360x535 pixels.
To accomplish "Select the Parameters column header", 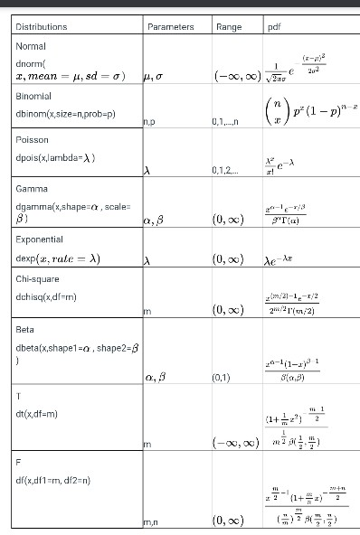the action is (x=170, y=27).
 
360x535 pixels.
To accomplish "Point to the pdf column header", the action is (x=274, y=27).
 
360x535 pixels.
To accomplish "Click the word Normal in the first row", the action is (x=32, y=45).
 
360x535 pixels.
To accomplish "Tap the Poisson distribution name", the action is (x=33, y=140).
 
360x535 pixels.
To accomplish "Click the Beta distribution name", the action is (x=25, y=330).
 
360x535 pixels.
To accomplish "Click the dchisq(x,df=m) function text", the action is (x=46, y=296).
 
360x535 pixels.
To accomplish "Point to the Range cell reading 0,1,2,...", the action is (x=223, y=170).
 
